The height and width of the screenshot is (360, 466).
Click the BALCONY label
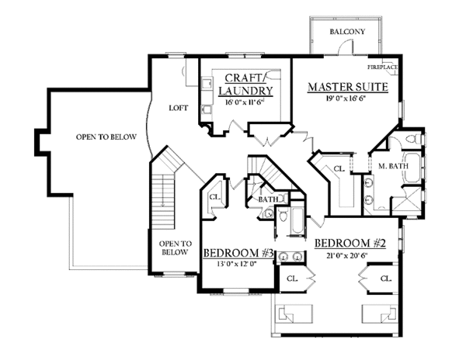(347, 32)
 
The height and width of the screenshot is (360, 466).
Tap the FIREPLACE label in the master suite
(382, 67)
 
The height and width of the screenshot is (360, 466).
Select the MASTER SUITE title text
(348, 87)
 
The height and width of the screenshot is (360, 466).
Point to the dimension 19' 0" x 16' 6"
(346, 99)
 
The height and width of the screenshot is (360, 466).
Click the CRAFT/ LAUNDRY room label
(245, 85)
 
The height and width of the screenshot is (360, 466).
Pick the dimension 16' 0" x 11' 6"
(245, 102)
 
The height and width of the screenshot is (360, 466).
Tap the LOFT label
(179, 108)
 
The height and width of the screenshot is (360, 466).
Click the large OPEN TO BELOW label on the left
(106, 137)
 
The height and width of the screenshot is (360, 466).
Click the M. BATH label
(393, 166)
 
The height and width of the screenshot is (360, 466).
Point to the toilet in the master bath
(414, 139)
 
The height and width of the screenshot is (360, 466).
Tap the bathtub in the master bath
(412, 168)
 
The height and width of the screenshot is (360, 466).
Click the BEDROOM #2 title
(349, 244)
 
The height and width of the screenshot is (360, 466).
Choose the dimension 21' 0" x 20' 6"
(347, 255)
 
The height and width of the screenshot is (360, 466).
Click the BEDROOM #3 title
(238, 253)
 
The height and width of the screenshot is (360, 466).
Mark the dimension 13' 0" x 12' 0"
(237, 264)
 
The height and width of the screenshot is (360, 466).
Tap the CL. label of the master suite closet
(339, 169)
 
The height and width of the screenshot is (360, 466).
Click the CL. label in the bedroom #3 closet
(215, 197)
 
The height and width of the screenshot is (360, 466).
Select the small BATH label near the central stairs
(269, 199)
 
